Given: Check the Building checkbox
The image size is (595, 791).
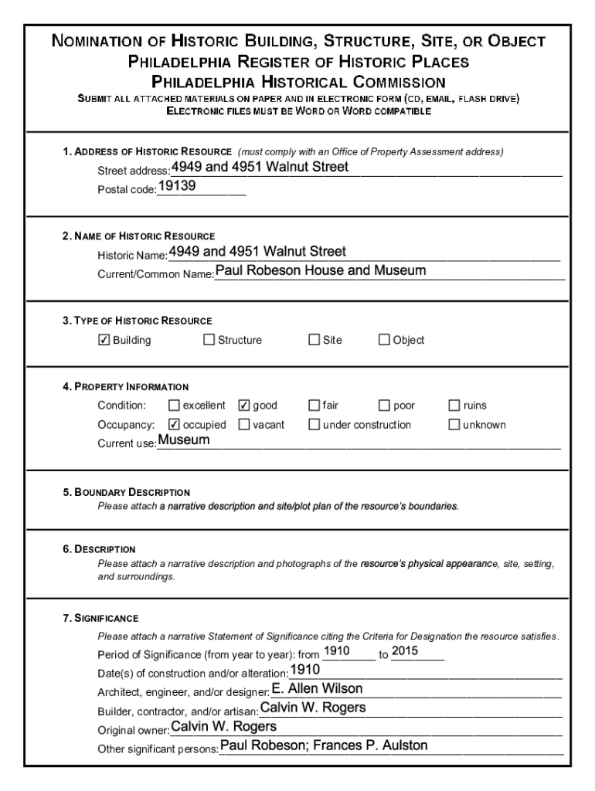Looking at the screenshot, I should [104, 340].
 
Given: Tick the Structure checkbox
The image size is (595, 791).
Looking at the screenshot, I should [209, 340].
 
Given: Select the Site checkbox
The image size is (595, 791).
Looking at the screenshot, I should [314, 340].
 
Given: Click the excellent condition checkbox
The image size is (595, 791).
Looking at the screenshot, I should [174, 406].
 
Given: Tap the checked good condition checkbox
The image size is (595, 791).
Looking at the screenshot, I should [244, 406].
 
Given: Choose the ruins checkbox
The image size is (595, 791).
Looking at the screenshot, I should [455, 406].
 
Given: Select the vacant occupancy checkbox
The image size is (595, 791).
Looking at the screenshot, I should [244, 424].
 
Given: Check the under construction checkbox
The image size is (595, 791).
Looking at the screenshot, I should [314, 424].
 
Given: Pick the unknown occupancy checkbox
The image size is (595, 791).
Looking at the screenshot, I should [455, 424].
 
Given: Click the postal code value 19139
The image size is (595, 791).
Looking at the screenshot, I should [177, 187].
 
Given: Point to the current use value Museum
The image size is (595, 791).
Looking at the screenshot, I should [184, 440].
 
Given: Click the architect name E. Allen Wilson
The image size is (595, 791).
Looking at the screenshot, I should [318, 689].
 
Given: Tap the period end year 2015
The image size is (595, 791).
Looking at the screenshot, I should [405, 651].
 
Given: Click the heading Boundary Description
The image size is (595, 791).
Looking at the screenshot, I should [126, 492].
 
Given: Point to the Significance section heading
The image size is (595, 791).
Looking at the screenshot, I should [100, 619].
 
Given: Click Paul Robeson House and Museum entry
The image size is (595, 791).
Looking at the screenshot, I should [321, 270].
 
